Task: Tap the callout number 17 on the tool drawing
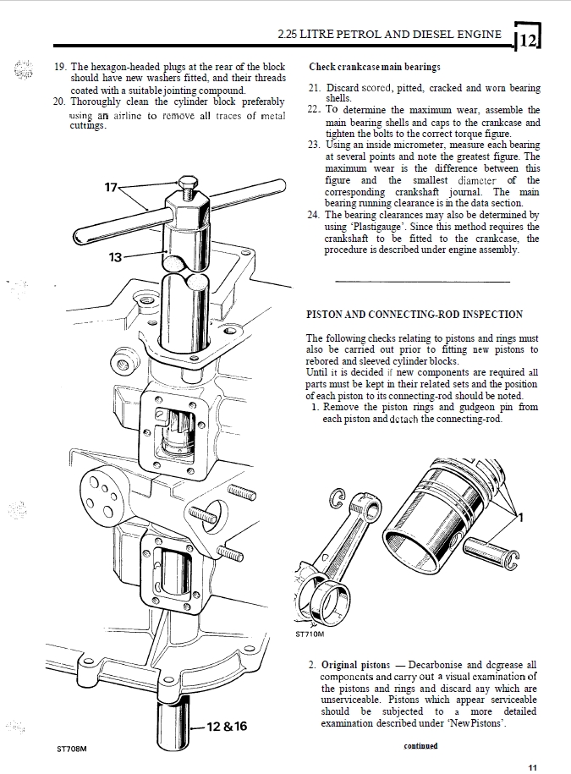111,188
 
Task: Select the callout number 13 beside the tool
115,257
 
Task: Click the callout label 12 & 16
227,726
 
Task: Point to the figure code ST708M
72,749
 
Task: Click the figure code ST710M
310,634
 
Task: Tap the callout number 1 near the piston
520,518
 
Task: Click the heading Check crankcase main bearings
375,67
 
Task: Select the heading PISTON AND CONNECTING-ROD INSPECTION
415,315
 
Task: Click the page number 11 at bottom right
532,767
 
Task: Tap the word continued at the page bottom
420,746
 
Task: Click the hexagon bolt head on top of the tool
188,183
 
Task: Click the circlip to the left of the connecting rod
338,500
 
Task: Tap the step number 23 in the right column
314,145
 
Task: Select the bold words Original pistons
355,665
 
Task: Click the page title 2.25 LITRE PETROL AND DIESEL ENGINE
389,34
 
